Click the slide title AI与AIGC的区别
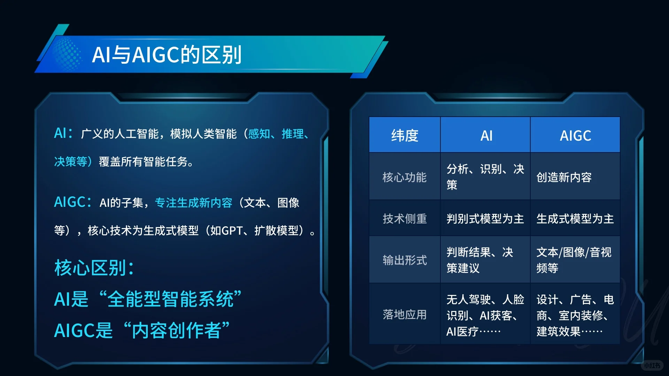[167, 55]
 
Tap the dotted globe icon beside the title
[67, 55]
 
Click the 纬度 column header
[405, 135]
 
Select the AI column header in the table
[486, 135]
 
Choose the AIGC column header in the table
[575, 135]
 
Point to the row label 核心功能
[405, 177]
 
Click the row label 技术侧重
[405, 219]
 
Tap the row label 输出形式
[405, 260]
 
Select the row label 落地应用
[405, 314]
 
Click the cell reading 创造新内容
[564, 177]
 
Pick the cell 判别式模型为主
[485, 219]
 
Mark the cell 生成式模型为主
[575, 219]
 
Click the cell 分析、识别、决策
[485, 177]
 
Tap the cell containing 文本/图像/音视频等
[574, 260]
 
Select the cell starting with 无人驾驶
[485, 315]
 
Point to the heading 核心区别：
[94, 268]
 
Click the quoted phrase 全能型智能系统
[170, 299]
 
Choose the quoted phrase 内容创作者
[177, 330]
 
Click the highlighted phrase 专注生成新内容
[193, 203]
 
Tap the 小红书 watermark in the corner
[652, 365]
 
